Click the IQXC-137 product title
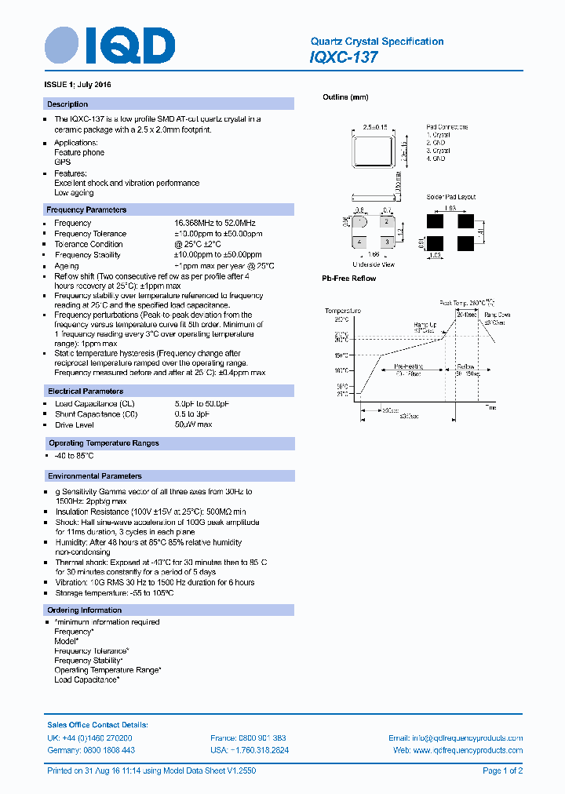pyautogui.click(x=344, y=57)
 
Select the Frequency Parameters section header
pyautogui.click(x=86, y=209)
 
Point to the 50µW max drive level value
pyautogui.click(x=193, y=424)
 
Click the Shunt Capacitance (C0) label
pyautogui.click(x=96, y=414)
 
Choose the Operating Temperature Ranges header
pyautogui.click(x=104, y=443)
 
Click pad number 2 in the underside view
pyautogui.click(x=385, y=224)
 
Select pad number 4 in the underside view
pyautogui.click(x=359, y=242)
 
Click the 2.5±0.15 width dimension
pyautogui.click(x=376, y=126)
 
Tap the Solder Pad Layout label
pyautogui.click(x=451, y=197)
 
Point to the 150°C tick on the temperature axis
pyautogui.click(x=341, y=355)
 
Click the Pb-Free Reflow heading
pyautogui.click(x=349, y=279)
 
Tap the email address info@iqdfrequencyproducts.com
pyautogui.click(x=455, y=738)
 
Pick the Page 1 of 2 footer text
pyautogui.click(x=502, y=770)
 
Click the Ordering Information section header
pyautogui.click(x=85, y=610)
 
